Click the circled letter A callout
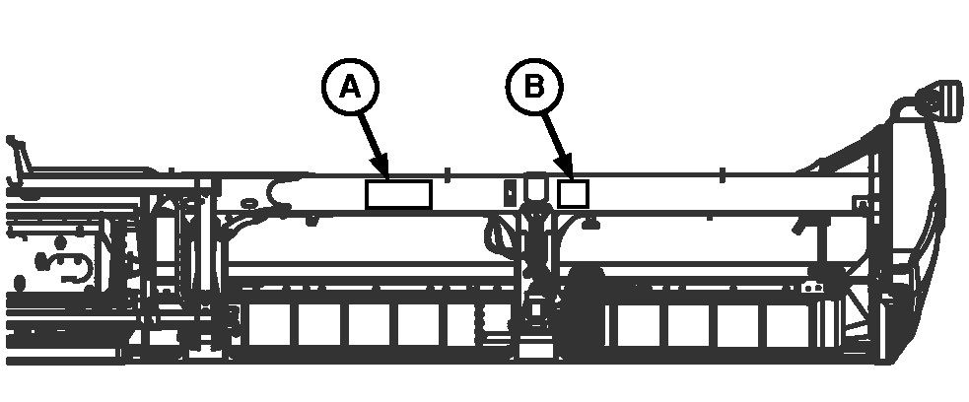tap(350, 87)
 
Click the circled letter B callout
tap(534, 87)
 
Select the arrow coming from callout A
tap(374, 145)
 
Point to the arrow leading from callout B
tap(558, 145)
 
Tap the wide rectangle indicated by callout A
tap(398, 194)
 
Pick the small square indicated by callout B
tap(573, 194)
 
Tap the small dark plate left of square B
tap(510, 193)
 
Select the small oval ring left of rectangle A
tap(249, 203)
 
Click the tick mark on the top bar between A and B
tap(449, 174)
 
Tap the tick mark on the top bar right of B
tap(722, 174)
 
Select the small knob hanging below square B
tap(590, 224)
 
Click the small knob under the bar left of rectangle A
tap(312, 220)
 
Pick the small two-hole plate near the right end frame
tap(812, 288)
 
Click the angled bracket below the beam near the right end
tap(803, 226)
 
